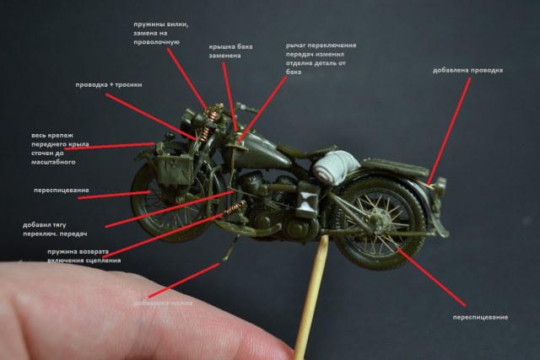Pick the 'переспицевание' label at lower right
[479, 316]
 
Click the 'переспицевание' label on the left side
[62, 191]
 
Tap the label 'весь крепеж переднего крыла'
[60, 148]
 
